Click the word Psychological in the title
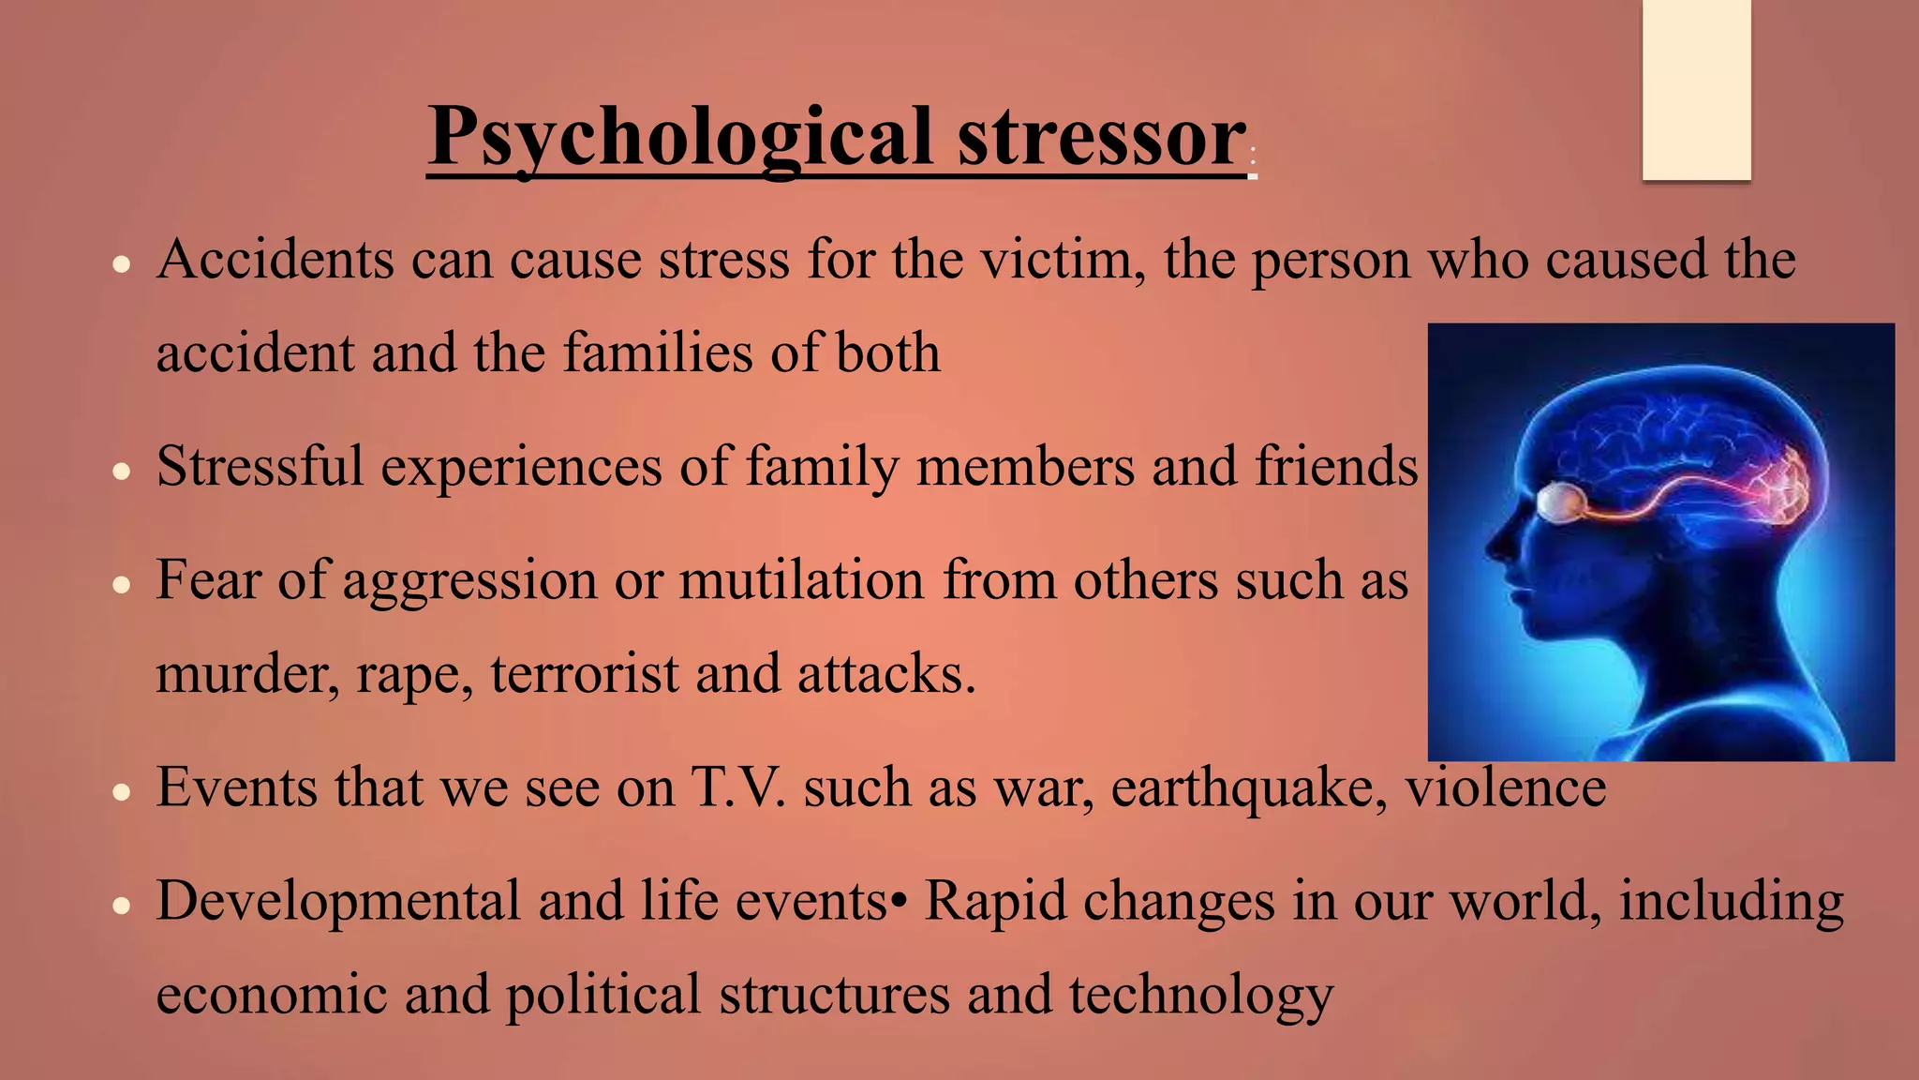679,139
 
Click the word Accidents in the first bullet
275,260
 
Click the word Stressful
260,466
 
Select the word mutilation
802,579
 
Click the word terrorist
584,673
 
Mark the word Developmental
338,901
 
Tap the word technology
1201,995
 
